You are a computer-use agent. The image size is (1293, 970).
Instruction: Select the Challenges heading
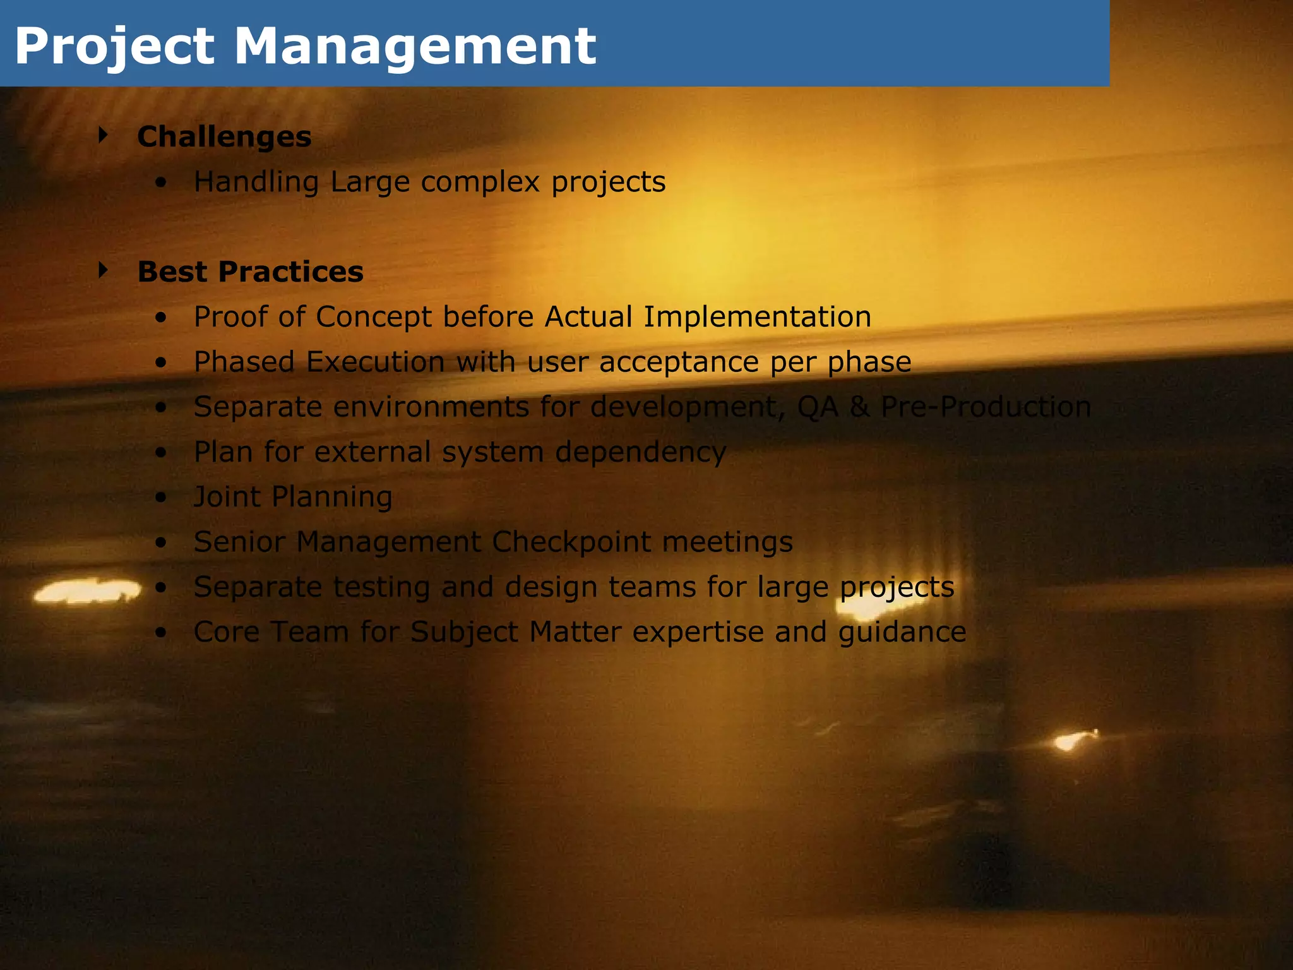(224, 136)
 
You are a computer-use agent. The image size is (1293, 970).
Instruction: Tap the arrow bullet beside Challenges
(103, 135)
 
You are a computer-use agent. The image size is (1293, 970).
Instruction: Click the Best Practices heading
(251, 272)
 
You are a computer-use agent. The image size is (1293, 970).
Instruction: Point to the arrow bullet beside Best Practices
(103, 270)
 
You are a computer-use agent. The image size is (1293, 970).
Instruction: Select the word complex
(480, 183)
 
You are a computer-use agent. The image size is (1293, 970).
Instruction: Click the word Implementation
(757, 317)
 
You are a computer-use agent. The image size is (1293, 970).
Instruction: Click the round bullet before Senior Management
(162, 542)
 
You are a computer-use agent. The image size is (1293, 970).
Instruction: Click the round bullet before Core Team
(162, 633)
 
